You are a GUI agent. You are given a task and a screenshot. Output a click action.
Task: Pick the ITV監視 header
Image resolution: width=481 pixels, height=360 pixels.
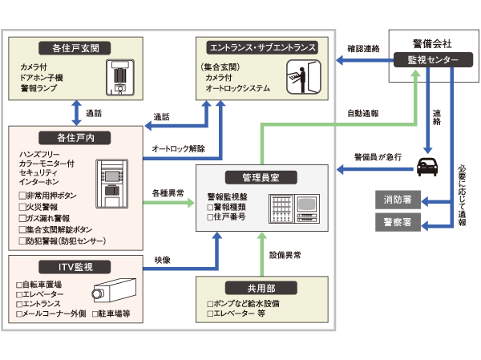(74, 266)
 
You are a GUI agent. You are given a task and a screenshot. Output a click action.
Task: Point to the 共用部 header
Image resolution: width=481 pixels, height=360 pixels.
(263, 287)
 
